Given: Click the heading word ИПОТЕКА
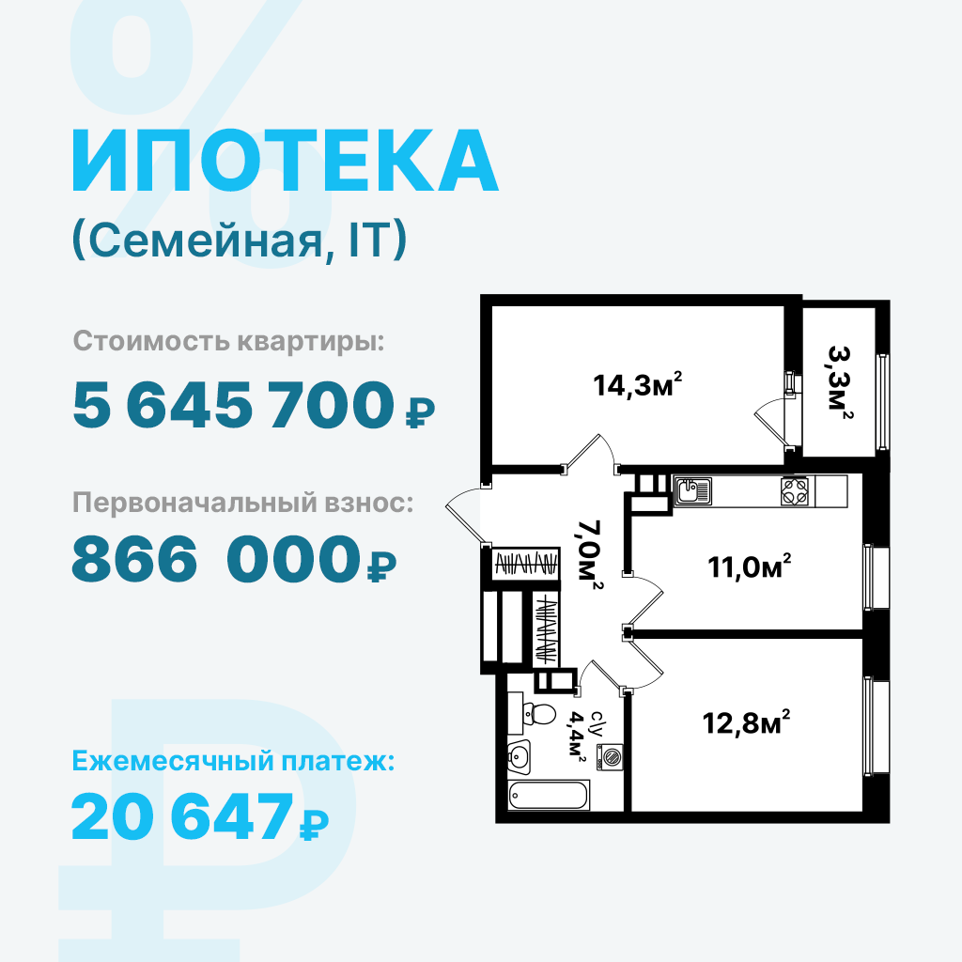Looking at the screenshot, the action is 286,161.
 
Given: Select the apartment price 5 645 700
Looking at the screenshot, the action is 233,404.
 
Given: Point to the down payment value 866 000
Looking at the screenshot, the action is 215,558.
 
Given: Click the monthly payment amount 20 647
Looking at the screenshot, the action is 182,816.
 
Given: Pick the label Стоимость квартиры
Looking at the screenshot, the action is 228,341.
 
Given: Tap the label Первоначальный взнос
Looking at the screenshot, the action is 243,503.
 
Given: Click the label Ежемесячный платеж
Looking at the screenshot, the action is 233,761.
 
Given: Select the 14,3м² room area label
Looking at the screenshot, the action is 638,384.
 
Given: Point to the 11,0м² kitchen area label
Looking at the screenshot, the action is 749,566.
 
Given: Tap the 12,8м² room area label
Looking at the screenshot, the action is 746,722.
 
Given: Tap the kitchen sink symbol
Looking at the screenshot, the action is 693,491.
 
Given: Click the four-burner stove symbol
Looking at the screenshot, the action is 795,491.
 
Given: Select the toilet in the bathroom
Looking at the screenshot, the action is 532,714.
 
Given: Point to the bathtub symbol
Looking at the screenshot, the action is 549,796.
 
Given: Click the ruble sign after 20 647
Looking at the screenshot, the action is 314,825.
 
